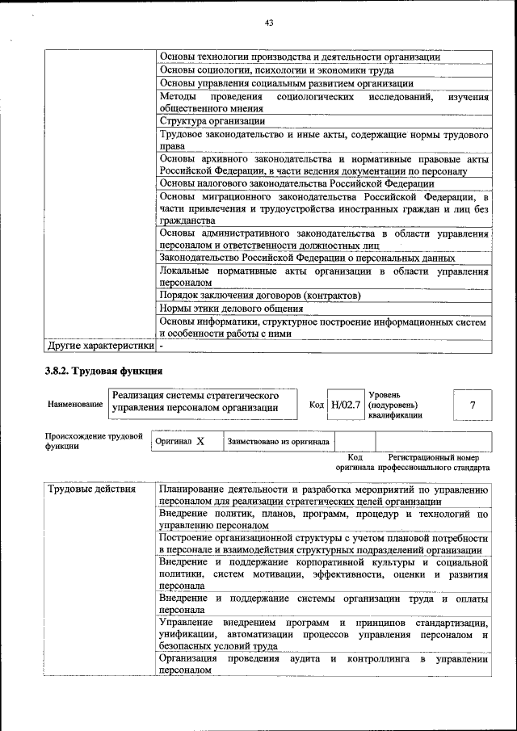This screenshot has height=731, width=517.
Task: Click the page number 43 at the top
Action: coord(269,23)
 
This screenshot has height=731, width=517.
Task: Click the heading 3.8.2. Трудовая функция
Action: coord(104,372)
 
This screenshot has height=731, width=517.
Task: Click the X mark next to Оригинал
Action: coord(200,442)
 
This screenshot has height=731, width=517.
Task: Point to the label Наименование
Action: coord(75,404)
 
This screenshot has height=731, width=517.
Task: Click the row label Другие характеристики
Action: coord(99,346)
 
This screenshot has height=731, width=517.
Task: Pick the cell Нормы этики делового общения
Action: coord(231,308)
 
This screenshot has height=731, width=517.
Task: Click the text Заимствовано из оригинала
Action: coord(278,442)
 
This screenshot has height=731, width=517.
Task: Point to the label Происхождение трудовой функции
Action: coord(93,440)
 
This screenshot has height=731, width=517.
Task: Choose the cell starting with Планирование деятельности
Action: coord(323,495)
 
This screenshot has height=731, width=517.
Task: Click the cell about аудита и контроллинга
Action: coord(323,665)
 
